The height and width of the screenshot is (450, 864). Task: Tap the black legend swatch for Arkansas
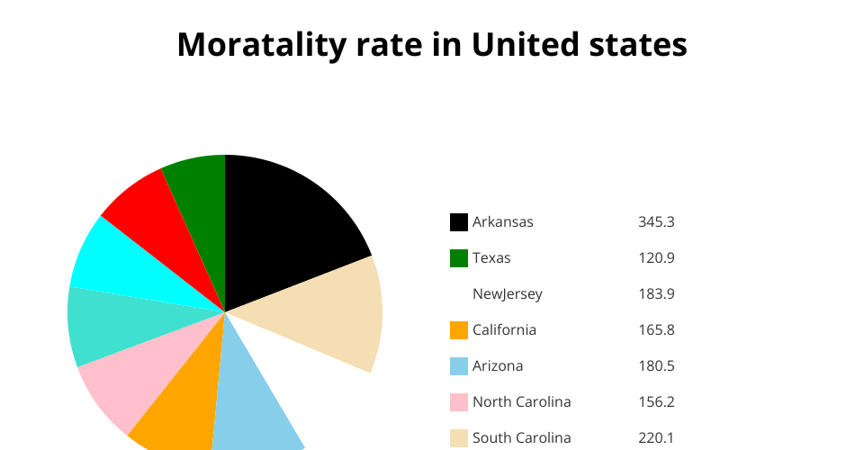click(x=459, y=222)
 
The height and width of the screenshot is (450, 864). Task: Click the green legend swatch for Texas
click(x=459, y=258)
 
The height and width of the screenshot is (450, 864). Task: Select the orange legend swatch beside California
click(x=459, y=330)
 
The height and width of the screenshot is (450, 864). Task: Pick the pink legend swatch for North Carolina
click(x=459, y=402)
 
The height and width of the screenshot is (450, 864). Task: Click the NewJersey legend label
click(x=508, y=294)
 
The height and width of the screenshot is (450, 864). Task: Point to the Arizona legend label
click(x=498, y=366)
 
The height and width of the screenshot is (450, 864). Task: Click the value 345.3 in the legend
click(x=656, y=222)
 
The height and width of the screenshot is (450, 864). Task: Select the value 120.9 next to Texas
click(x=656, y=258)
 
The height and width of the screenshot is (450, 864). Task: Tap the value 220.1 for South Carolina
click(x=656, y=438)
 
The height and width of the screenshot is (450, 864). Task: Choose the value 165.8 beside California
click(x=656, y=330)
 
